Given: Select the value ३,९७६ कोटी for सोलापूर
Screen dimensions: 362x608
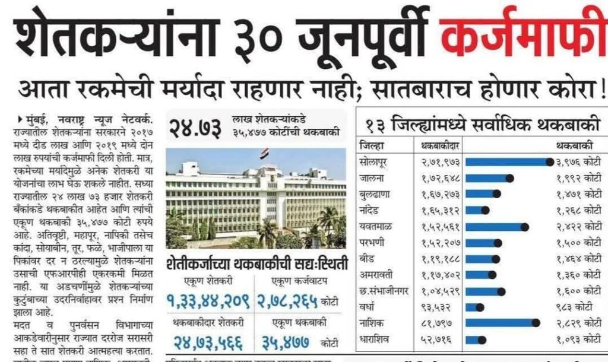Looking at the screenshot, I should (578, 162).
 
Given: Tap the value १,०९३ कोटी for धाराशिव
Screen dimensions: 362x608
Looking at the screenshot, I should (578, 339).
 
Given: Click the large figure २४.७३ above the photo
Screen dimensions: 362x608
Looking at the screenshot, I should (195, 126).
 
